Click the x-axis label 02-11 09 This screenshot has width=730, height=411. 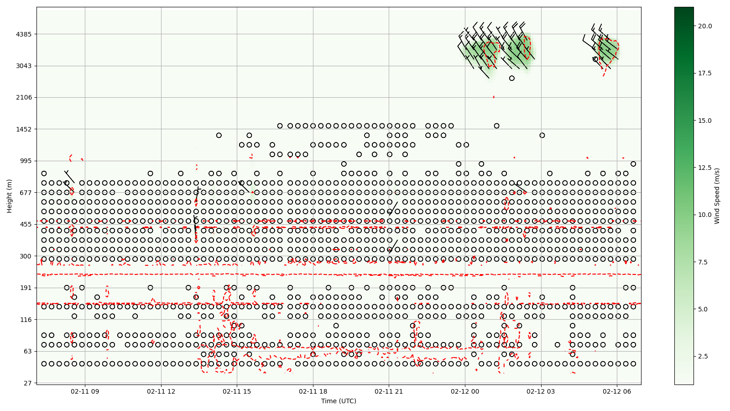pyautogui.click(x=85, y=391)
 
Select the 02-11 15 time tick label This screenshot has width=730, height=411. pyautogui.click(x=237, y=391)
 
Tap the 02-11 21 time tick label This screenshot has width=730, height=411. pyautogui.click(x=389, y=391)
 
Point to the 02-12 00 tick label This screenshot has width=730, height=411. pyautogui.click(x=465, y=391)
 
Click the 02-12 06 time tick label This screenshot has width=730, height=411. pyautogui.click(x=617, y=391)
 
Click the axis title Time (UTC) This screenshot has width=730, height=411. pyautogui.click(x=339, y=401)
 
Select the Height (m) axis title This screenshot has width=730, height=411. pyautogui.click(x=10, y=196)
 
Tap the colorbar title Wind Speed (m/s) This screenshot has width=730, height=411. pyautogui.click(x=717, y=196)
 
